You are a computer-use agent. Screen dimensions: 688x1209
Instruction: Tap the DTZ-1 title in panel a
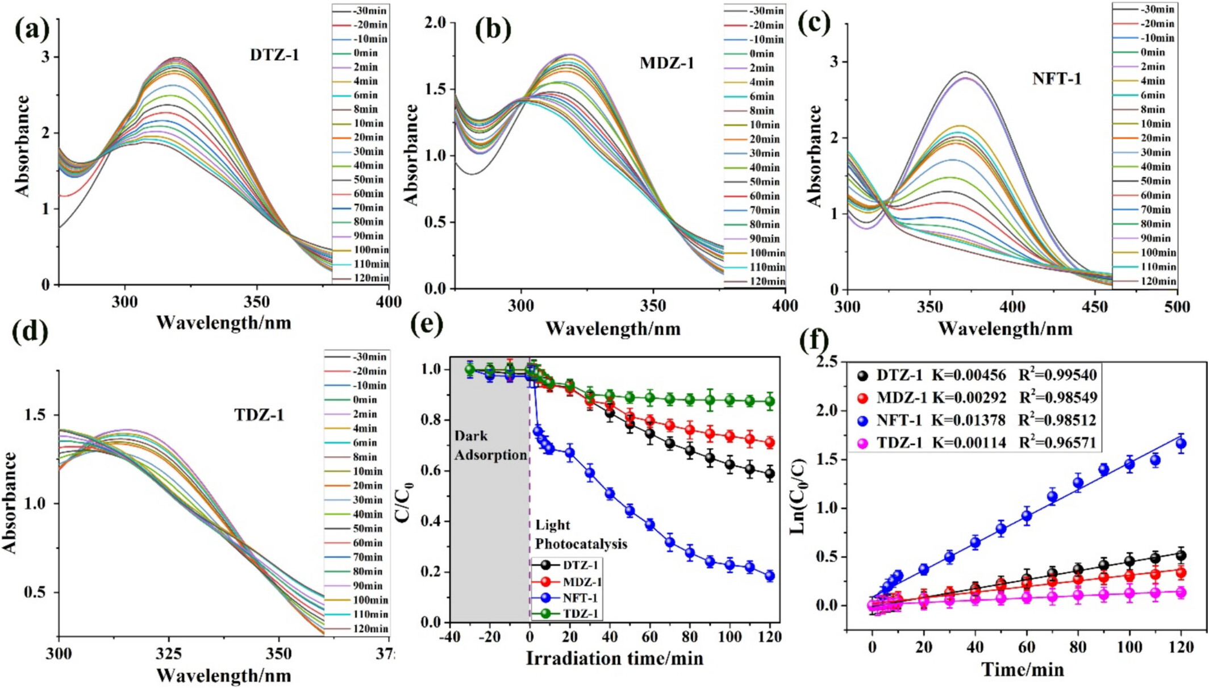[274, 55]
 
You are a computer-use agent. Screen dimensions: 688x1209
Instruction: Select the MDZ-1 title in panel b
[667, 62]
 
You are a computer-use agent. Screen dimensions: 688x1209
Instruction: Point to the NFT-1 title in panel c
[1057, 78]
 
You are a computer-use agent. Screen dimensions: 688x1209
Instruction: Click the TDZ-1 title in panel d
[259, 415]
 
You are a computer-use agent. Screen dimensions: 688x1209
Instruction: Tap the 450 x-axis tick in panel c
[1095, 307]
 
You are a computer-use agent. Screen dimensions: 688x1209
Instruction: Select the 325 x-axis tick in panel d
[169, 654]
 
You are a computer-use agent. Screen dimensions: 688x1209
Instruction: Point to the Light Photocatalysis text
[581, 535]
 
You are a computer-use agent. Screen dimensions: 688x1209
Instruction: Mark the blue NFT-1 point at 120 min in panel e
[770, 576]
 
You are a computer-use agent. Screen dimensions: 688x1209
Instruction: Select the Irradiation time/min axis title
[614, 658]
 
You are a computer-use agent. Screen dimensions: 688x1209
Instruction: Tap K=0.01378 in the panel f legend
[968, 420]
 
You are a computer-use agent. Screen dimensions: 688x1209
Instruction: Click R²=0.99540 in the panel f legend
[1057, 376]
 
